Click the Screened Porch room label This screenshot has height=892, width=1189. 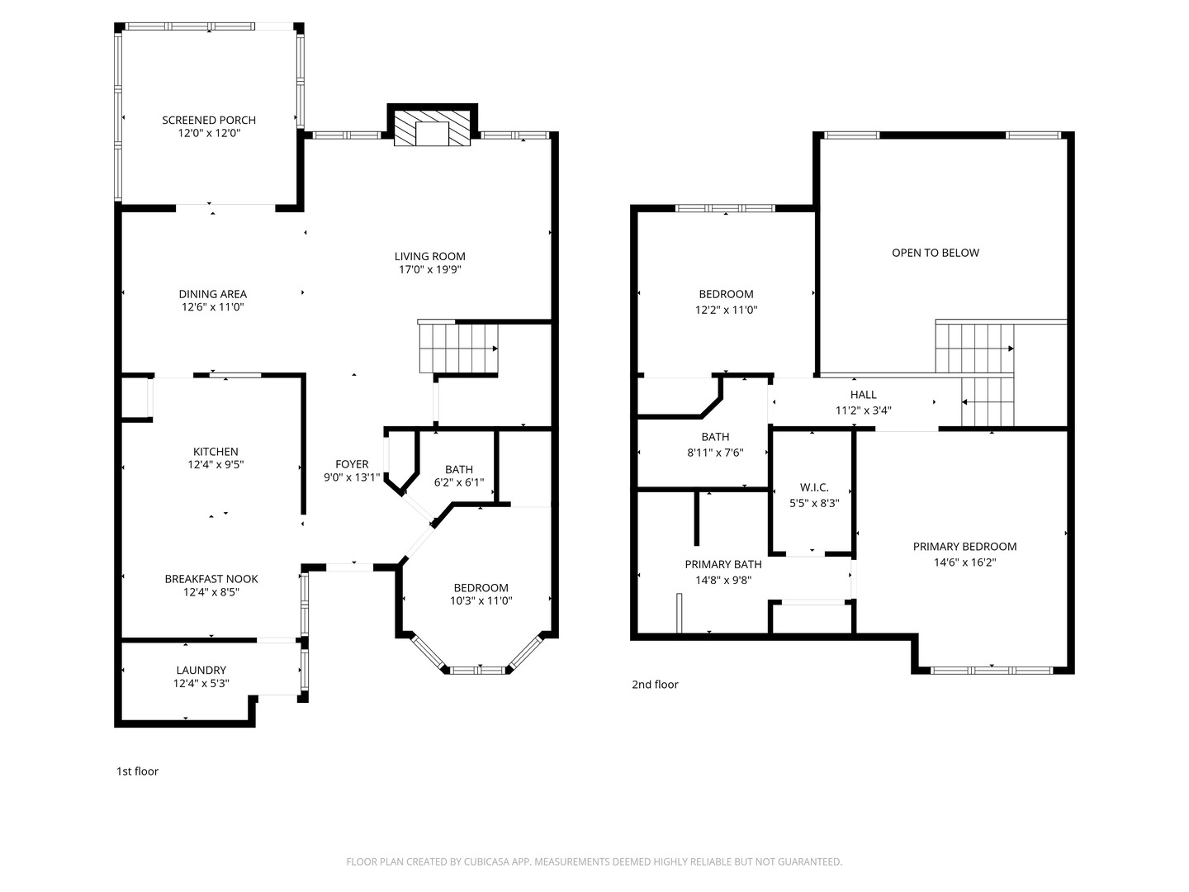(209, 121)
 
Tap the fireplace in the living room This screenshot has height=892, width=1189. (432, 129)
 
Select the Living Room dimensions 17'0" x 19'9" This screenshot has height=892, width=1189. (429, 270)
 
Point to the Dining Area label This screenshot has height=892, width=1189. (212, 294)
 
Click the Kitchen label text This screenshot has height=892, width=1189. (216, 452)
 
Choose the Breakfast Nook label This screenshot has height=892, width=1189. (211, 579)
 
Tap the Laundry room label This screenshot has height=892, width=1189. (201, 671)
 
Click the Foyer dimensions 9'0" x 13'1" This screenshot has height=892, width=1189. (352, 477)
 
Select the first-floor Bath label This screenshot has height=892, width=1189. (459, 470)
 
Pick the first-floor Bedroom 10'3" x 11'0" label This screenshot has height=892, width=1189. (481, 588)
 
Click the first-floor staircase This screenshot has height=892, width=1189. (458, 348)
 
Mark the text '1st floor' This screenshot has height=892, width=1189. (137, 771)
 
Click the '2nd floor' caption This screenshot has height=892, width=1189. (655, 685)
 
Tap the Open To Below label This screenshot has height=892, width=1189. (936, 253)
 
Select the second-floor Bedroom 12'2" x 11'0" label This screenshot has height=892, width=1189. (726, 294)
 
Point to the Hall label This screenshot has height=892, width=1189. (863, 395)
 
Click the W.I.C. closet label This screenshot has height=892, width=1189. (814, 487)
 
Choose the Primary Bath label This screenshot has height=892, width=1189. (723, 564)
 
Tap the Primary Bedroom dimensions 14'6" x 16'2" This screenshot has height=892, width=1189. (964, 562)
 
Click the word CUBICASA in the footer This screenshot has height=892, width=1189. (486, 861)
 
